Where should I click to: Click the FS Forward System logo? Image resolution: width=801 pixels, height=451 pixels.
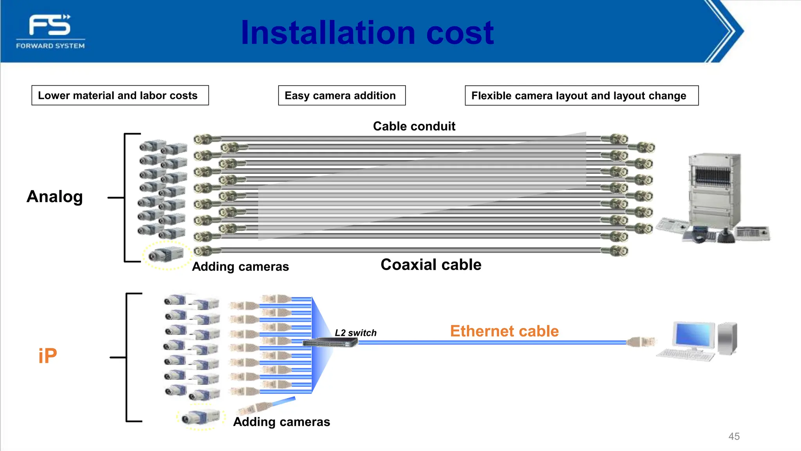tap(50, 31)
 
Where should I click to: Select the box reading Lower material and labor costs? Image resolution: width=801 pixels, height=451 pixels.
tap(120, 96)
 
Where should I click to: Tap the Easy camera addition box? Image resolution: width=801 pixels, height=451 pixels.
tap(341, 96)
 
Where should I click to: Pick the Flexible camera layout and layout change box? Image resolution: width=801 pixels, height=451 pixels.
tap(581, 96)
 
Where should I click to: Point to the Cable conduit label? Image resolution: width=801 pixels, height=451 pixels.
tap(414, 126)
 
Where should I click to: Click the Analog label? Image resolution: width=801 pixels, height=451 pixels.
tap(55, 197)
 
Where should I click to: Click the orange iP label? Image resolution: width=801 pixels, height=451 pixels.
tap(48, 355)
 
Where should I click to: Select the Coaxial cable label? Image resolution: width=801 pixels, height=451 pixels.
tap(431, 265)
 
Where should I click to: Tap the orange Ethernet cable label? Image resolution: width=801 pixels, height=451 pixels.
tap(504, 331)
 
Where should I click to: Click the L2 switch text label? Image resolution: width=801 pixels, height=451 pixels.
tap(355, 333)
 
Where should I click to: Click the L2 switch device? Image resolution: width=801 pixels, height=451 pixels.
tap(331, 343)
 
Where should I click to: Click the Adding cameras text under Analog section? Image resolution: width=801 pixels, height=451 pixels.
tap(240, 267)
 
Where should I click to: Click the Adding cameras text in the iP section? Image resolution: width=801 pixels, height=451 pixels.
tap(281, 422)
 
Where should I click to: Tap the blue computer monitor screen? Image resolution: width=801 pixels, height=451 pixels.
tap(693, 335)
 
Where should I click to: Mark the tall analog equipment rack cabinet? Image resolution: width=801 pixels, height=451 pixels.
tap(714, 189)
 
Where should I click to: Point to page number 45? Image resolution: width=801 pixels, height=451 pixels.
tap(734, 436)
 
